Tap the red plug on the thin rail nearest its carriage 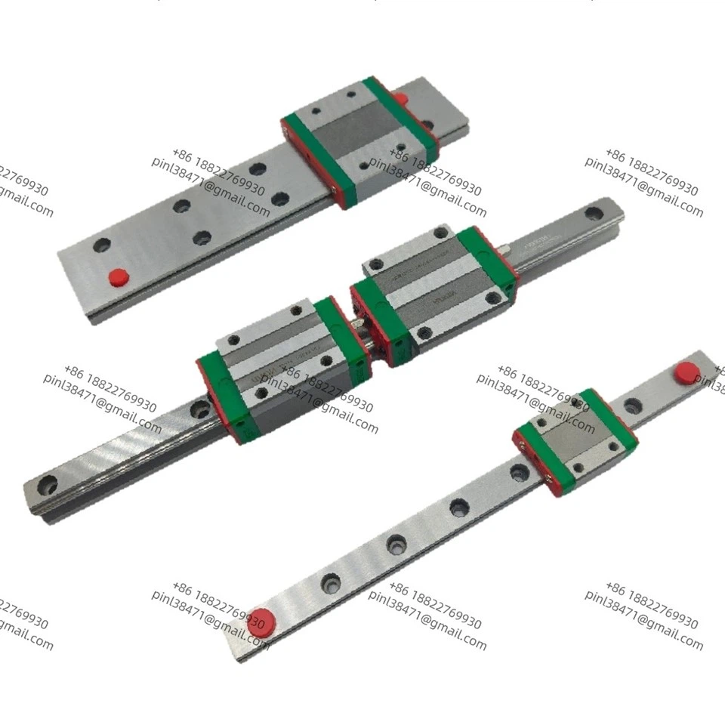(686, 371)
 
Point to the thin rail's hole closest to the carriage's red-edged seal (519, 473)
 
